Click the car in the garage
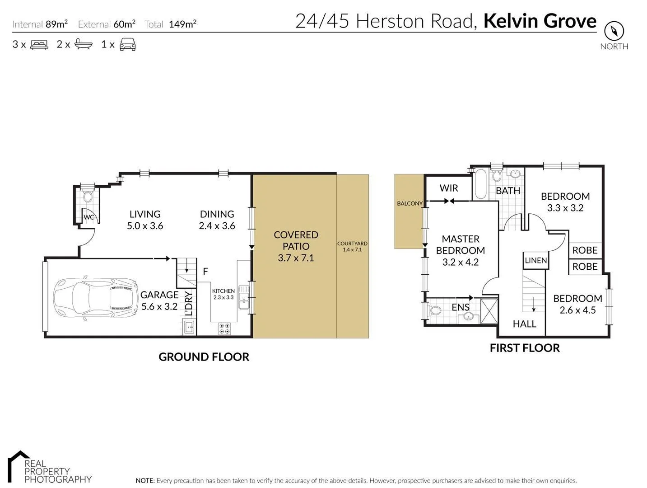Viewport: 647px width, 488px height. (95, 299)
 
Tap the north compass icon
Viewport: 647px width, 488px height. (614, 31)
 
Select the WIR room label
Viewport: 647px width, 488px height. (448, 188)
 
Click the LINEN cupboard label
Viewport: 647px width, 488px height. (535, 260)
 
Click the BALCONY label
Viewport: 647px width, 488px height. (410, 203)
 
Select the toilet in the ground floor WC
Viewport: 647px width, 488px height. (88, 197)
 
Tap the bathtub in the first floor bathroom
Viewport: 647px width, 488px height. (480, 184)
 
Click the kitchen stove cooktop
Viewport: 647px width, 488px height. (224, 328)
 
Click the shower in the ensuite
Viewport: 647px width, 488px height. (489, 311)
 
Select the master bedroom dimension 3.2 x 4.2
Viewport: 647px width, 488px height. (460, 262)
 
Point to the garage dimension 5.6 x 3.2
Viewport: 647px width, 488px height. (159, 306)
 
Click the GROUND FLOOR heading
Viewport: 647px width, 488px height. (204, 357)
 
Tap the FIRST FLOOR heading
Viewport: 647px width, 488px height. (525, 347)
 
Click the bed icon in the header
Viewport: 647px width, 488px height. (39, 44)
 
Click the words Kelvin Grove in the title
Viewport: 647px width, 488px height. (540, 21)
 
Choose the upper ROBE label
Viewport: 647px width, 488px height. (585, 250)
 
